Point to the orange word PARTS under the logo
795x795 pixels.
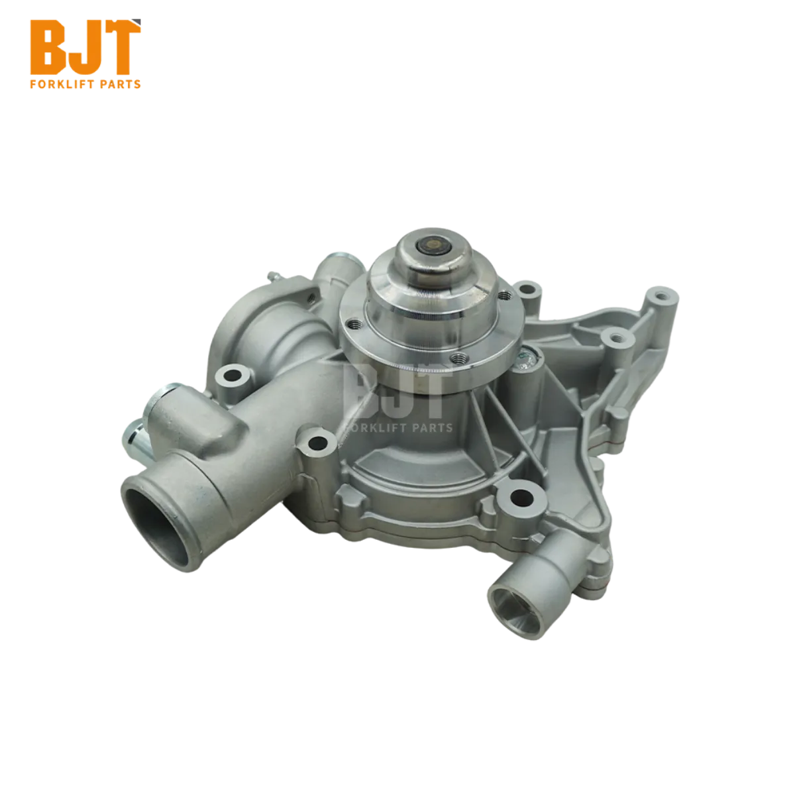coord(121,84)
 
